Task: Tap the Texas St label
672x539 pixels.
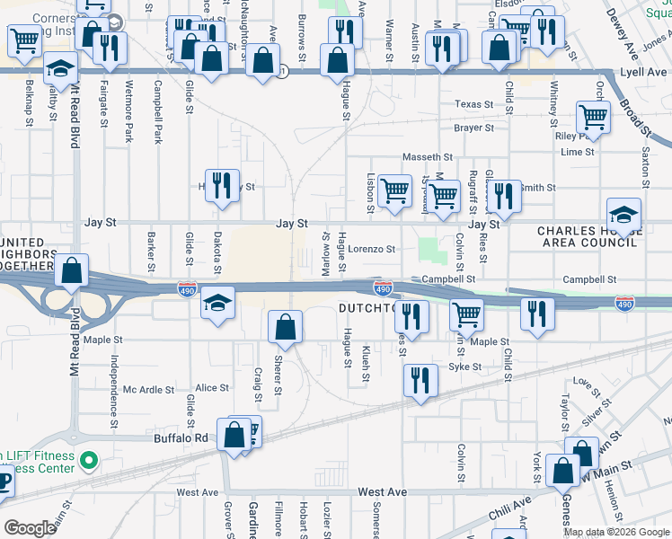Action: [474, 104]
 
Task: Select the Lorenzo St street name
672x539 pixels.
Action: [372, 249]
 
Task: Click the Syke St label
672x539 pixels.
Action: [464, 367]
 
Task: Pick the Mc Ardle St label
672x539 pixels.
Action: [148, 389]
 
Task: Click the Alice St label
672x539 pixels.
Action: [212, 388]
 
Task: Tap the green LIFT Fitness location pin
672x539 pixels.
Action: [87, 462]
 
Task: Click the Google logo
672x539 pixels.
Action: [30, 528]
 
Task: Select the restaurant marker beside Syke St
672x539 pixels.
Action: [420, 380]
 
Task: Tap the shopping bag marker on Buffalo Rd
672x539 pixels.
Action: [234, 435]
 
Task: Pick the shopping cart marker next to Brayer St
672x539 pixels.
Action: [593, 117]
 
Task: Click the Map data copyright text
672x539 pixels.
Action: [616, 532]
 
